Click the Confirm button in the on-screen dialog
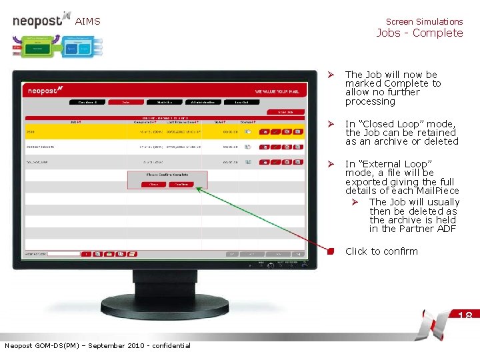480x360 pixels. point(179,184)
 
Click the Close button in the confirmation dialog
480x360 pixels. point(154,184)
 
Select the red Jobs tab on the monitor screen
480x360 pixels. point(125,102)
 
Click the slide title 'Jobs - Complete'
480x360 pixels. point(419,33)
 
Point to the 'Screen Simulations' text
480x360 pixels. point(424,21)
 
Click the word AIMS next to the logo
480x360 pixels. point(87,21)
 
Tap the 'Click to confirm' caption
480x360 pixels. point(381,251)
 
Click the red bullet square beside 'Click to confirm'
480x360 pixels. point(330,251)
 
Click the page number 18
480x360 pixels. point(465,315)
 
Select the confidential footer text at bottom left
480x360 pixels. point(97,345)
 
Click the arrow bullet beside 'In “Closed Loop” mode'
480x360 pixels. point(329,124)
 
